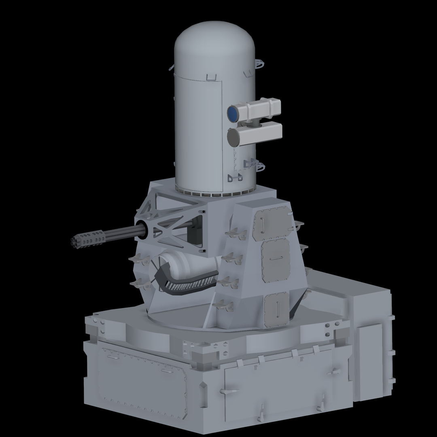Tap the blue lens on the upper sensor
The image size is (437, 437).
point(233,114)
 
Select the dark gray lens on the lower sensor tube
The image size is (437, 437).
point(233,138)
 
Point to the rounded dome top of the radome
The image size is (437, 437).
point(215,40)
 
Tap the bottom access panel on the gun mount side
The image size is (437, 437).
point(276,309)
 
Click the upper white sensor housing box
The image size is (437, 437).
point(259,109)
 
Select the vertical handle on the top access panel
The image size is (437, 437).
point(262,224)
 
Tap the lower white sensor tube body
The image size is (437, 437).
point(259,134)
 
